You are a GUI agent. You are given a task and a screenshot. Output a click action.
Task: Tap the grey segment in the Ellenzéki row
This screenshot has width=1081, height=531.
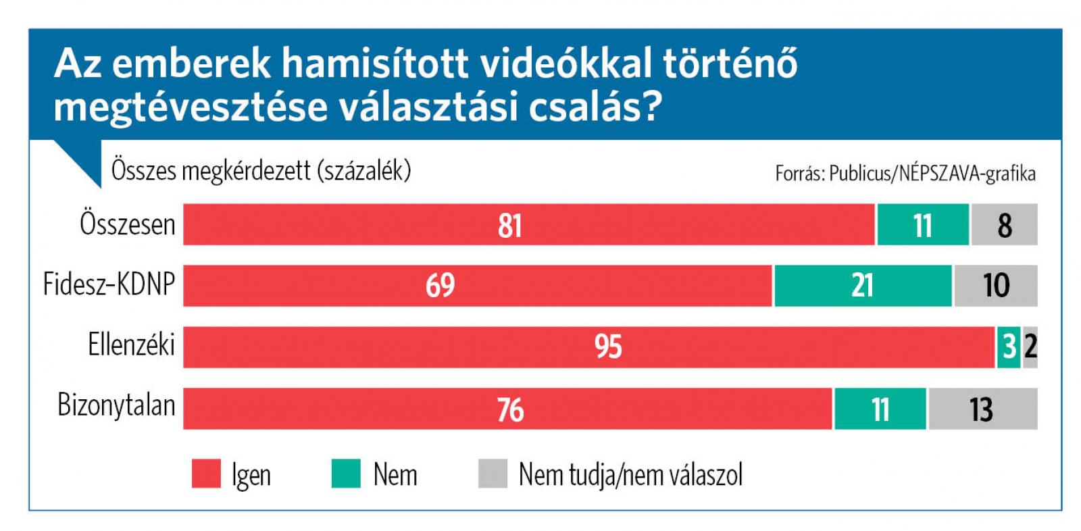[x=1030, y=347]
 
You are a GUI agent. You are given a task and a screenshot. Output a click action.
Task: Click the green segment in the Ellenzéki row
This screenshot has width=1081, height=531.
[x=1008, y=347]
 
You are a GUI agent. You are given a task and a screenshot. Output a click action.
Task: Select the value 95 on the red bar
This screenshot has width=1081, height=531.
[x=608, y=347]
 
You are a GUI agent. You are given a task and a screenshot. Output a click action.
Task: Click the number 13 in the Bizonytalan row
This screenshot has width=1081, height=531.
[x=980, y=409]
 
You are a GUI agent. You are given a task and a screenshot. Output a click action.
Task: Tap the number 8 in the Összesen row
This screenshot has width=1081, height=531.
[x=1005, y=225]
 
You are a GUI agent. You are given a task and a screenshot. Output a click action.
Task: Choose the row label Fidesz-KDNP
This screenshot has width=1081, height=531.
[x=109, y=284]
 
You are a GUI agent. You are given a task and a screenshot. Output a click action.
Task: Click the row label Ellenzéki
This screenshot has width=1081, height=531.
[x=131, y=345]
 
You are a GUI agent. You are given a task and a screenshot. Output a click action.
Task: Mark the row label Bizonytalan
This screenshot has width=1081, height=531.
[x=116, y=405]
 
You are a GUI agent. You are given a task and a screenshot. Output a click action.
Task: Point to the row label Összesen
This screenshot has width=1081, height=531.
[x=127, y=224]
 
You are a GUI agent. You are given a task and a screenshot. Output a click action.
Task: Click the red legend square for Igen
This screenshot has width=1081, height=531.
[x=206, y=473]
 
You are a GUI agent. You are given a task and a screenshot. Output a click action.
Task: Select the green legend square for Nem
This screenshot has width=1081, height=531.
[x=346, y=473]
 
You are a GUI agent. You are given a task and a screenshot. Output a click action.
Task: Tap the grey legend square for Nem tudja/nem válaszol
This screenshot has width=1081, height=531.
[x=493, y=473]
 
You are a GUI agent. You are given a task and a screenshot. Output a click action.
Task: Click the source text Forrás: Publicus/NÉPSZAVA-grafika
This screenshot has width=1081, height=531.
[x=905, y=174]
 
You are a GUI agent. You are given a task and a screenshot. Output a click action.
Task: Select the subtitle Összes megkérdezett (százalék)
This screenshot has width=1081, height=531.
[x=261, y=170]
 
